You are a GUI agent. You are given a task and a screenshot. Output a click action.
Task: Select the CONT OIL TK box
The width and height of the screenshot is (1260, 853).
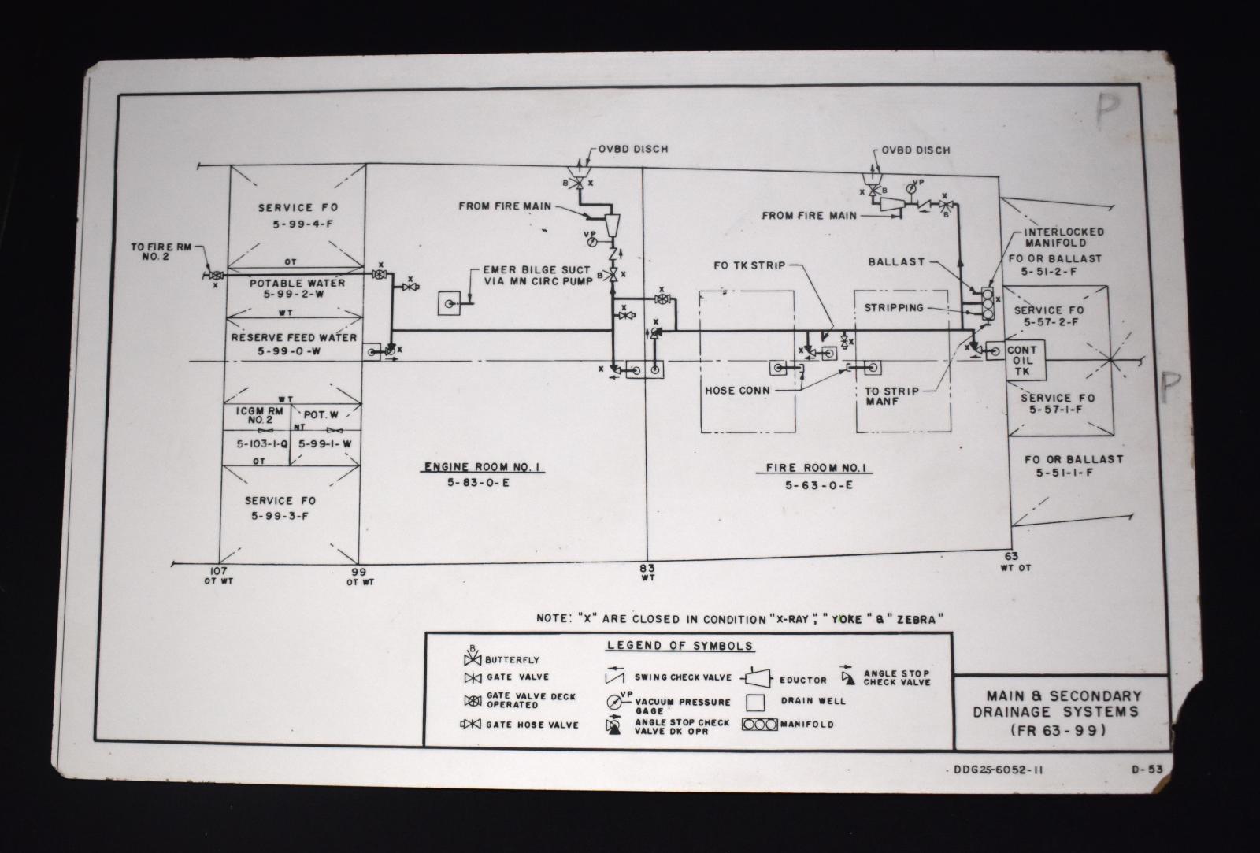1022,361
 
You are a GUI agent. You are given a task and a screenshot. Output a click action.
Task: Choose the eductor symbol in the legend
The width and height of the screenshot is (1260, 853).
757,678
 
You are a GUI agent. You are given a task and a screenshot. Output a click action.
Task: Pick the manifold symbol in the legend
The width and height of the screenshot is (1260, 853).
762,724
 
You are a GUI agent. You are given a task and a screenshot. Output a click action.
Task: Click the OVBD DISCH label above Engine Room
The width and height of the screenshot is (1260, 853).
632,149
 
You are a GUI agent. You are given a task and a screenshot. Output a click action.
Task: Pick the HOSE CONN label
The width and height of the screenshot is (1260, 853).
738,390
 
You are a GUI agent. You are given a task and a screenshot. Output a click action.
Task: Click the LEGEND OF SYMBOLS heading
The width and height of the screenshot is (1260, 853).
680,646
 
